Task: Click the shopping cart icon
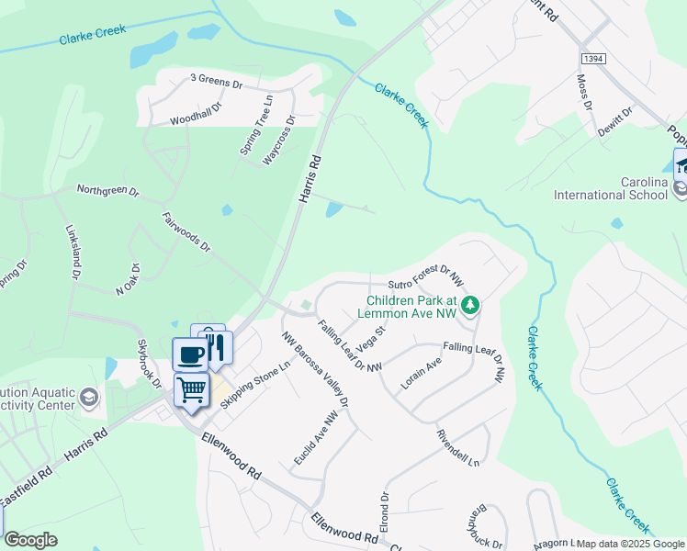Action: coord(191,390)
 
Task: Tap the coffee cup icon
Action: coord(191,354)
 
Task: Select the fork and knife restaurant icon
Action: coord(217,347)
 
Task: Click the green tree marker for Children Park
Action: coord(470,304)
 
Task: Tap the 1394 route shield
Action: coord(591,58)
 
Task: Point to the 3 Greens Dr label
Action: coord(215,81)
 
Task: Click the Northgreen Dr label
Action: coord(107,192)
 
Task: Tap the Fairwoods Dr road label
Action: coord(186,233)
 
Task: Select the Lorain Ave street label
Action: coord(421,373)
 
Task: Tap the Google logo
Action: coord(30,540)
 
